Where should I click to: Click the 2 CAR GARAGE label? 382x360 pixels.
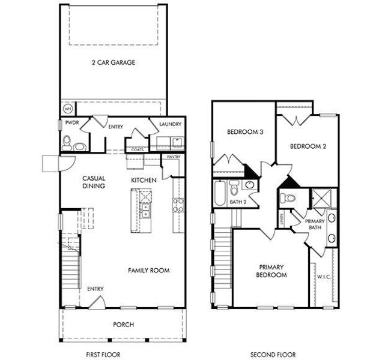click(x=113, y=62)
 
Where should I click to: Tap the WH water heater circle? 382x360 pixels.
click(x=68, y=109)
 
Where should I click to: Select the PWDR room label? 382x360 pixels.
click(x=71, y=125)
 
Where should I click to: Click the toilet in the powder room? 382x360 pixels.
click(x=68, y=143)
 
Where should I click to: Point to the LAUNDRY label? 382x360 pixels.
click(x=171, y=125)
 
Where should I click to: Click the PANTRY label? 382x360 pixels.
click(x=174, y=157)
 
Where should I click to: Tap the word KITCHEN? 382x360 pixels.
click(x=144, y=180)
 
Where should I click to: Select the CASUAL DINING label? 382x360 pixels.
click(x=94, y=182)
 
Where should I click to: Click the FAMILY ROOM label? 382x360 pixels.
click(x=148, y=271)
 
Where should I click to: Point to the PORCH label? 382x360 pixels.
click(x=123, y=325)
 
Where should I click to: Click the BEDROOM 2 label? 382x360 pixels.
click(x=308, y=146)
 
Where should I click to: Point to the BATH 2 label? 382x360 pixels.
click(x=238, y=202)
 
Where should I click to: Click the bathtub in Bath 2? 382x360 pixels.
click(x=220, y=194)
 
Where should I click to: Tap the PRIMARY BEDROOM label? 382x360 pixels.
click(x=272, y=271)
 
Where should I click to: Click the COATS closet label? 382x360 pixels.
click(x=137, y=149)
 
